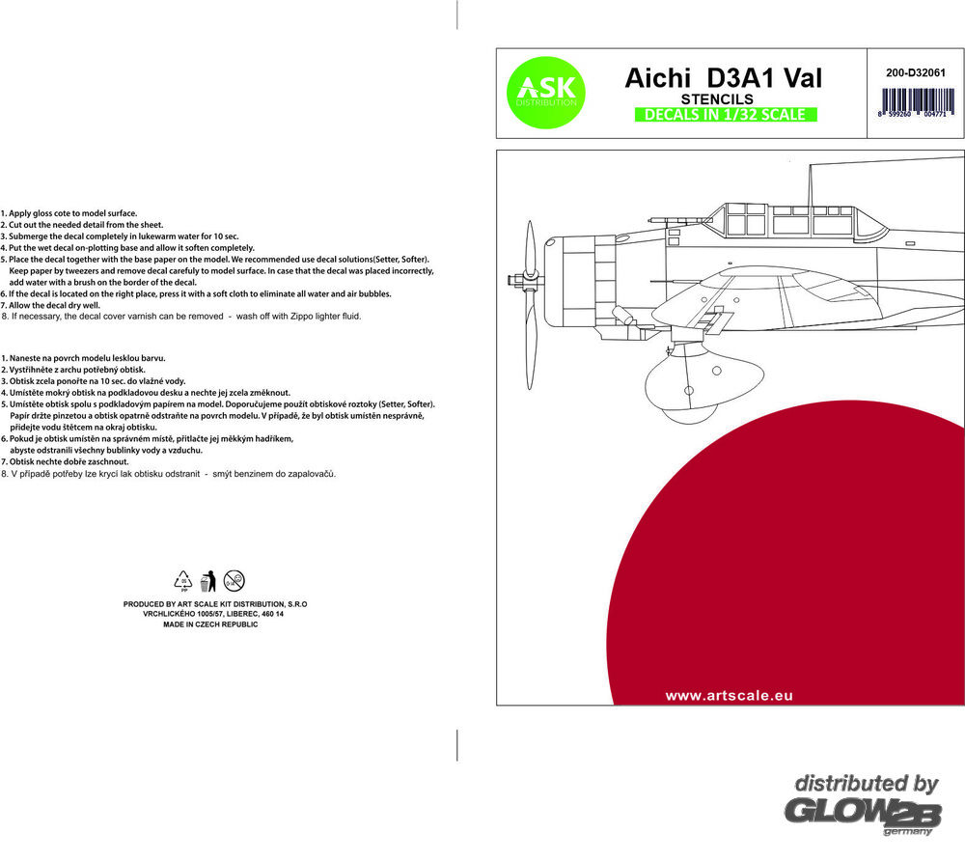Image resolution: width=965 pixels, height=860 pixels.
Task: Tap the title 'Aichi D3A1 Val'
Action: [723, 78]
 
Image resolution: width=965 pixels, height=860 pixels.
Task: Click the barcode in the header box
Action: [913, 101]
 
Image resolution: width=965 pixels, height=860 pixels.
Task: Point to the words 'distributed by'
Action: [866, 784]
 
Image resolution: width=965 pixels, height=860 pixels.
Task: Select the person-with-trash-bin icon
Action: [207, 580]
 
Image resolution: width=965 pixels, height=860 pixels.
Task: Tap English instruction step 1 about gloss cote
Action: [69, 212]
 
